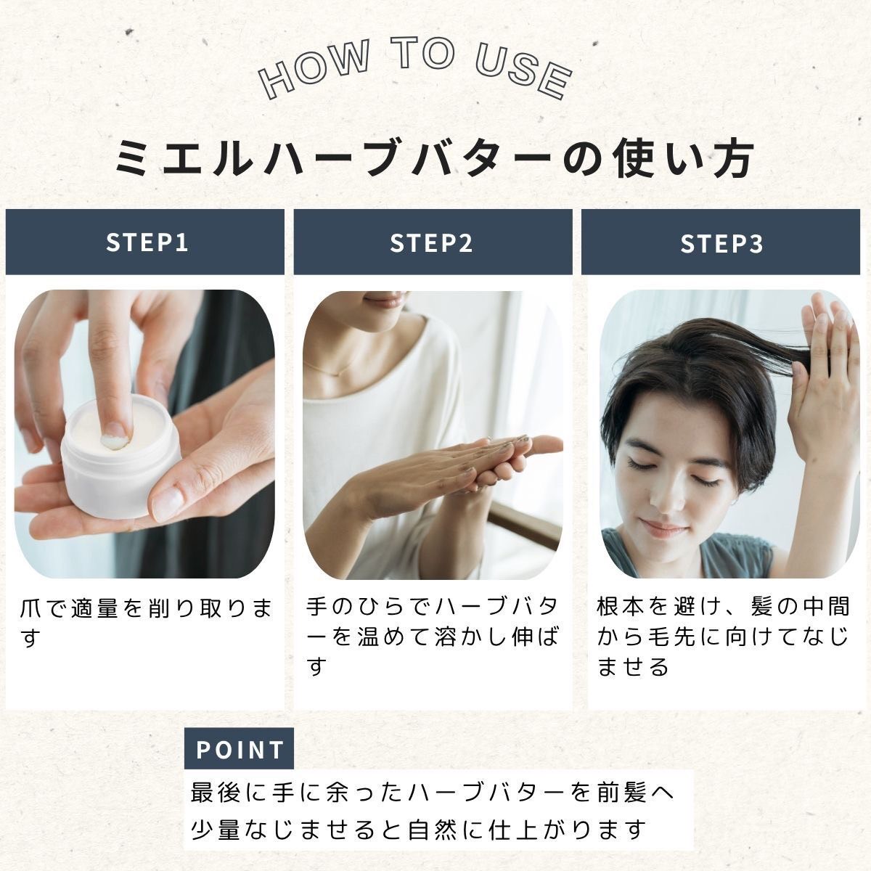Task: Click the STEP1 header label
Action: (147, 242)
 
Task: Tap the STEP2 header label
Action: (431, 242)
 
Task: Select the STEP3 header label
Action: (721, 243)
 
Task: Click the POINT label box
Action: (239, 748)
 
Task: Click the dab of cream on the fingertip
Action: (115, 442)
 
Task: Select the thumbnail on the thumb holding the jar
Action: (167, 501)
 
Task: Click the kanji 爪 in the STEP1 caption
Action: (30, 608)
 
